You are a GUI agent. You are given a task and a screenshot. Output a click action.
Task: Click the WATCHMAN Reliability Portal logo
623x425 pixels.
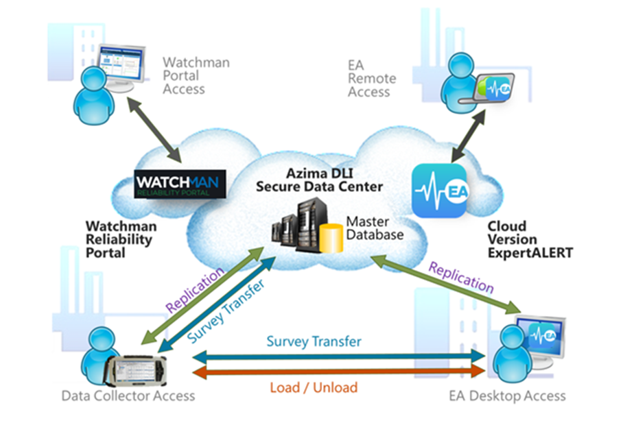[180, 184]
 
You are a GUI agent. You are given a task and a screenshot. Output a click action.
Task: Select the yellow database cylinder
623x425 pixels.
[331, 236]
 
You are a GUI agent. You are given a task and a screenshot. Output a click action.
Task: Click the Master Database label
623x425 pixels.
[375, 228]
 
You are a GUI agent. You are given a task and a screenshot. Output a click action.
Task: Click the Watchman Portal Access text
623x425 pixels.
[196, 75]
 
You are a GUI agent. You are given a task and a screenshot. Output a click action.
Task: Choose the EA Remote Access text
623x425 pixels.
[371, 78]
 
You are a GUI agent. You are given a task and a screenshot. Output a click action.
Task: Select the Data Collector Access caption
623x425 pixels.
[128, 396]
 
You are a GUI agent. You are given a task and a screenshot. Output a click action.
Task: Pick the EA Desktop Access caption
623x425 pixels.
[507, 396]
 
